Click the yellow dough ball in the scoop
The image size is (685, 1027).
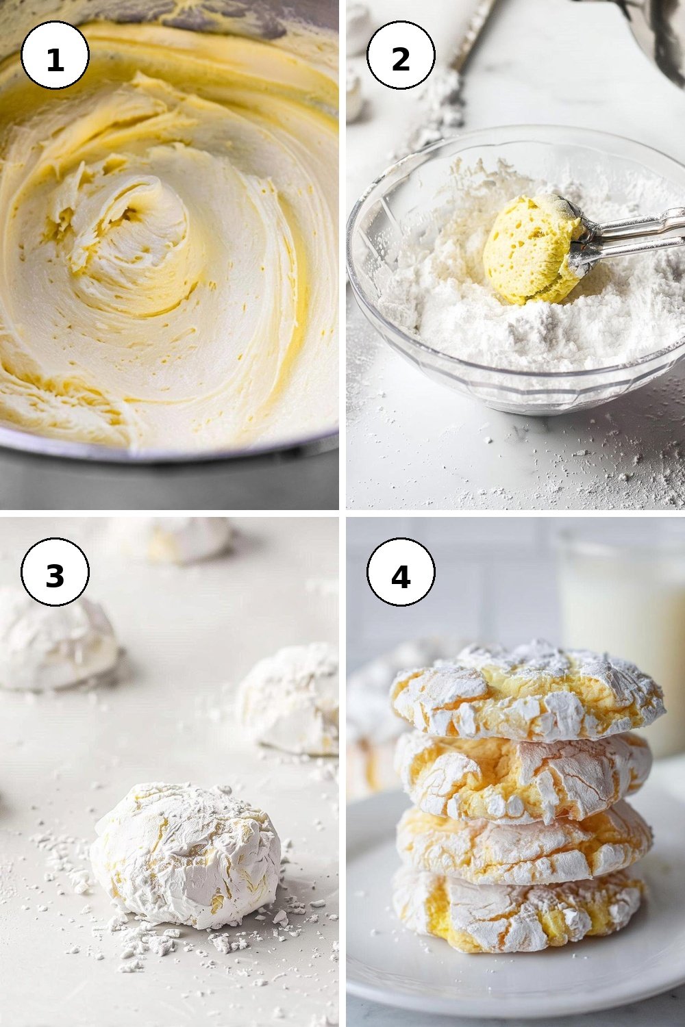click(532, 249)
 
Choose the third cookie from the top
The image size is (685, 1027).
click(523, 848)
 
